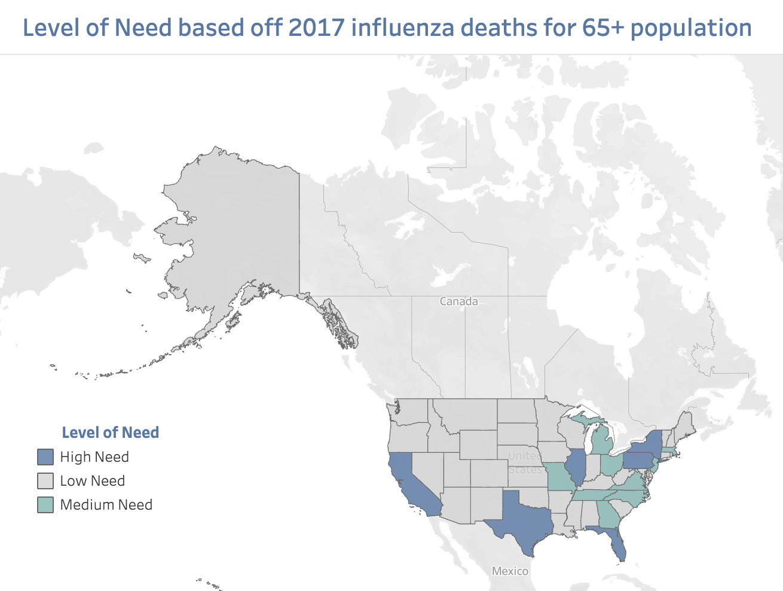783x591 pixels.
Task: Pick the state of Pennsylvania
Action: pyautogui.click(x=638, y=461)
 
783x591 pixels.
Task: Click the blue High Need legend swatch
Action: pyautogui.click(x=45, y=457)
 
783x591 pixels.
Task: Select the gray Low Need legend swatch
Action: pyautogui.click(x=45, y=481)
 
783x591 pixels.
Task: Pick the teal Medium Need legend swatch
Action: pyautogui.click(x=45, y=505)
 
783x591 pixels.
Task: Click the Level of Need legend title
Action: pyautogui.click(x=111, y=432)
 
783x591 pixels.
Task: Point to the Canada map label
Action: pyautogui.click(x=458, y=301)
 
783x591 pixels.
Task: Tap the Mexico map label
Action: pyautogui.click(x=510, y=571)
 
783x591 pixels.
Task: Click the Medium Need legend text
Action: pyautogui.click(x=106, y=505)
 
